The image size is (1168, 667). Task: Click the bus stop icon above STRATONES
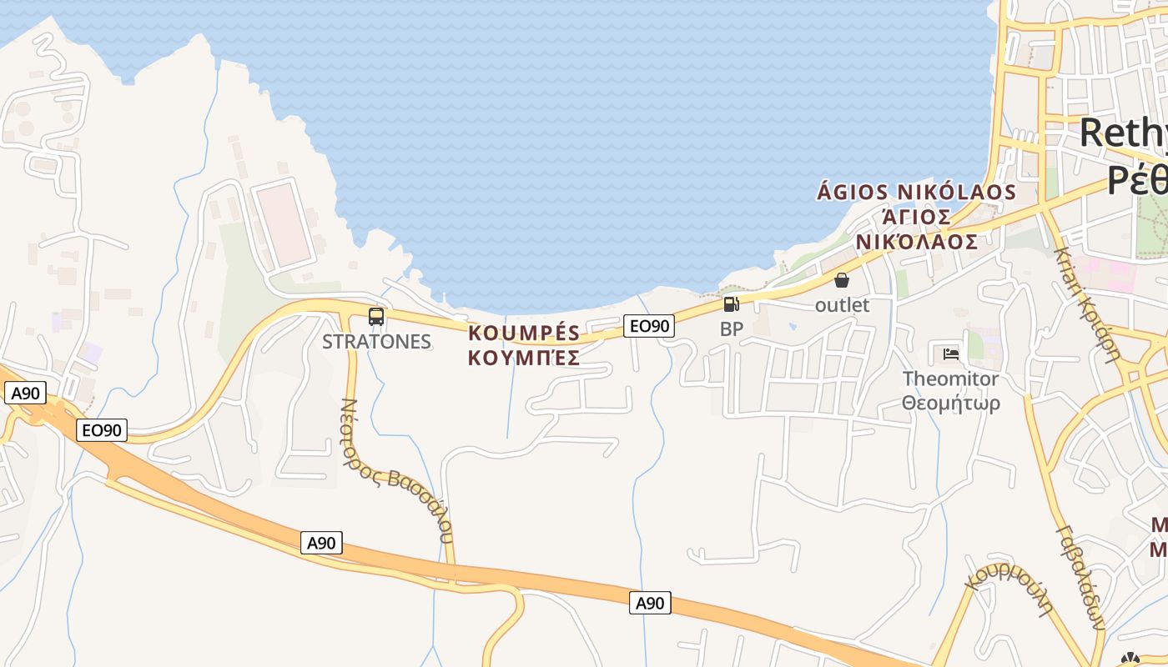(x=376, y=317)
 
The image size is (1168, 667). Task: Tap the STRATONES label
(x=376, y=342)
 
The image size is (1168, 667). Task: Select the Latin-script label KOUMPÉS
(x=524, y=333)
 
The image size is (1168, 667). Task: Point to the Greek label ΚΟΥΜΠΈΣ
(x=524, y=359)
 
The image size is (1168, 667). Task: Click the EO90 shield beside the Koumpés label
(x=648, y=326)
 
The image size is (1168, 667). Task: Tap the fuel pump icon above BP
(x=731, y=304)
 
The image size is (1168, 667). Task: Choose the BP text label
(x=731, y=329)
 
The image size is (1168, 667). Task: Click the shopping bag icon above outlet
(x=842, y=280)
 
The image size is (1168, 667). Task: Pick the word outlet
(x=842, y=305)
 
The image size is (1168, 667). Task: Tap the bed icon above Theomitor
(x=950, y=354)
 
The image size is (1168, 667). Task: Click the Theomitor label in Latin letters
(x=950, y=379)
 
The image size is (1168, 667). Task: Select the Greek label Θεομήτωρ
(x=950, y=404)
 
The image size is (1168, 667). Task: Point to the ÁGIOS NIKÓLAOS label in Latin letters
(x=916, y=193)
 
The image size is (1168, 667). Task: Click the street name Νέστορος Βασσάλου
(x=396, y=471)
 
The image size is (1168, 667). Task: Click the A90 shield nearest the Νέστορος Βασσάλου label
(x=321, y=544)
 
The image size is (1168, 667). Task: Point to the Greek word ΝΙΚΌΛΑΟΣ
(x=916, y=242)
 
